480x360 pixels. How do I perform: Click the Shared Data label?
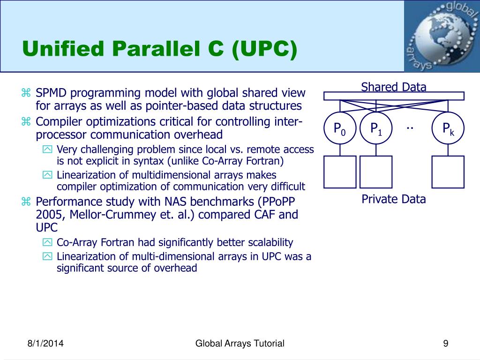(x=394, y=87)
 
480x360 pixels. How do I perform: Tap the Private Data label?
(x=394, y=199)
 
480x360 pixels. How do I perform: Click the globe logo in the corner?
(x=442, y=36)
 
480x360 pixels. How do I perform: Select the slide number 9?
(x=446, y=344)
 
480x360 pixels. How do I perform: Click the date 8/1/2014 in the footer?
(x=45, y=344)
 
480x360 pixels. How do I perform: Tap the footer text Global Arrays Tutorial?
(x=240, y=344)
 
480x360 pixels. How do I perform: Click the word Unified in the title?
(x=63, y=49)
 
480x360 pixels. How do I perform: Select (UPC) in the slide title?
(x=264, y=49)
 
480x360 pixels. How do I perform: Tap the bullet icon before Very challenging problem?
(x=47, y=150)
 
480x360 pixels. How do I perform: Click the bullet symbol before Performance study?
(x=26, y=202)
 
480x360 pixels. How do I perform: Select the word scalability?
(x=270, y=242)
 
